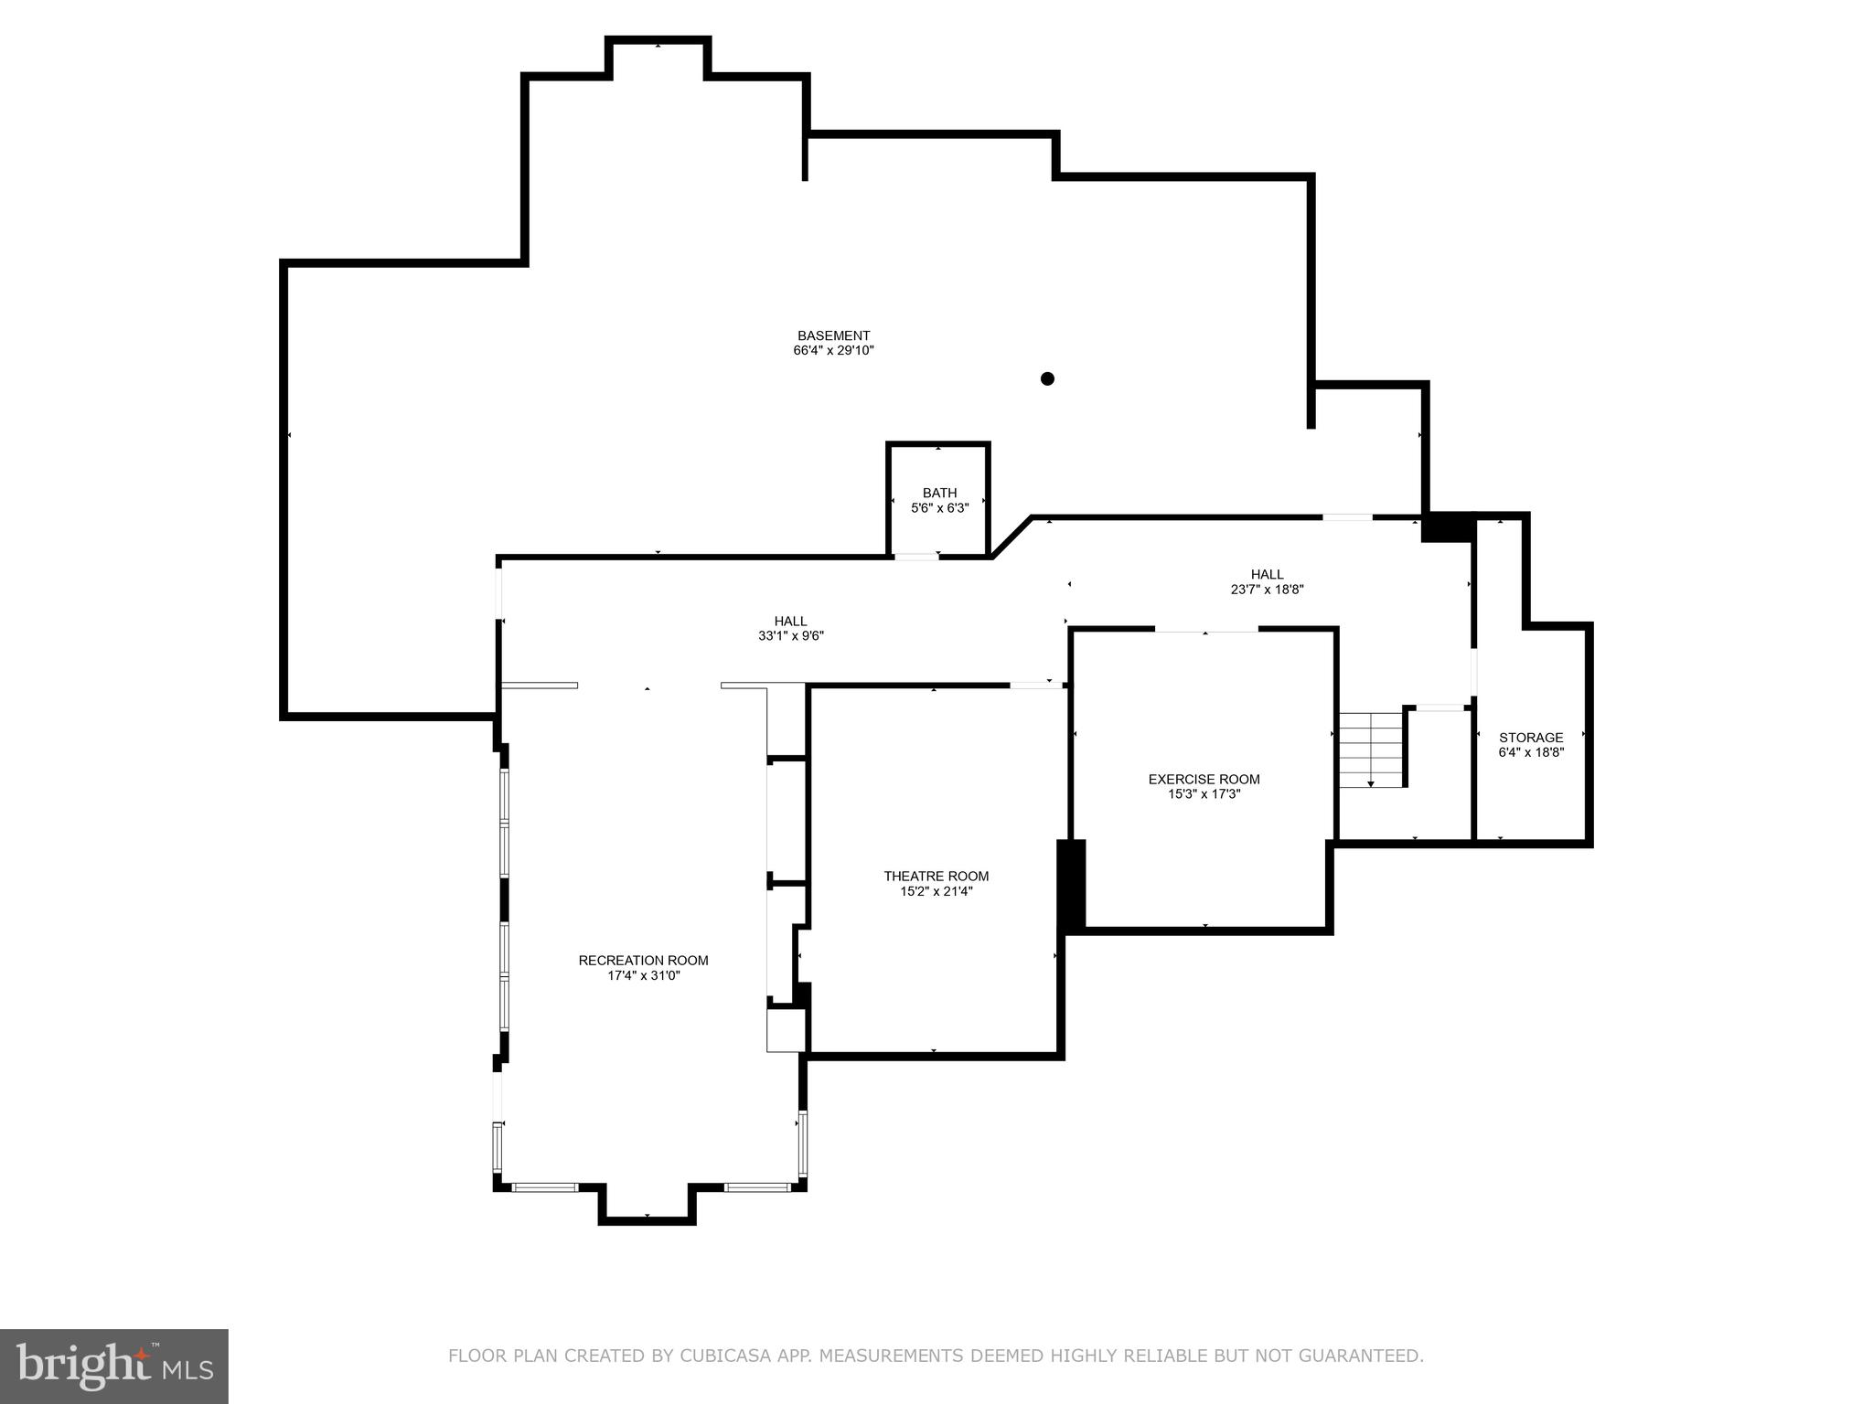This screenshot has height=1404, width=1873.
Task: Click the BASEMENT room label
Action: coord(833,335)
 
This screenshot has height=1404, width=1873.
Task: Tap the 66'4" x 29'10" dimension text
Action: coord(833,350)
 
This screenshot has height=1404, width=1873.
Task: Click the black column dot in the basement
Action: coord(1047,378)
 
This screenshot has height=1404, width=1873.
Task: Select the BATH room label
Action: coord(939,494)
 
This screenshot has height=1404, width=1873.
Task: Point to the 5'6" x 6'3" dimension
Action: coord(939,508)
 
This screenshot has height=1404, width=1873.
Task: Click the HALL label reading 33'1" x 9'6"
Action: coord(790,622)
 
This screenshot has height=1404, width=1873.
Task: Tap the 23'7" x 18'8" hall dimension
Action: coord(1267,590)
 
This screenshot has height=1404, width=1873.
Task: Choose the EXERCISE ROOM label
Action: coord(1204,780)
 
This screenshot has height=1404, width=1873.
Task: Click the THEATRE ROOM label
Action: coord(936,877)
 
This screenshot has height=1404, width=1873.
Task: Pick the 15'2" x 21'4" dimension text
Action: coord(936,891)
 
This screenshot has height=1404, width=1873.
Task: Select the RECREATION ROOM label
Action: coord(643,961)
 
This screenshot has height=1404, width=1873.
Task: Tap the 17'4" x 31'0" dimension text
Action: coord(643,975)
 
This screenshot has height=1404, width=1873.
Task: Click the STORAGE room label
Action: coord(1530,738)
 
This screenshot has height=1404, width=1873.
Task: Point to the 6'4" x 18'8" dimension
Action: coord(1530,752)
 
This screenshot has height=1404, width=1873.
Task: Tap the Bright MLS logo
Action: coord(113,1367)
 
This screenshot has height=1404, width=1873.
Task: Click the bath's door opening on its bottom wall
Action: coord(916,557)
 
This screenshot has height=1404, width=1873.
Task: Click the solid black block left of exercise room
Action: coord(1071,884)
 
